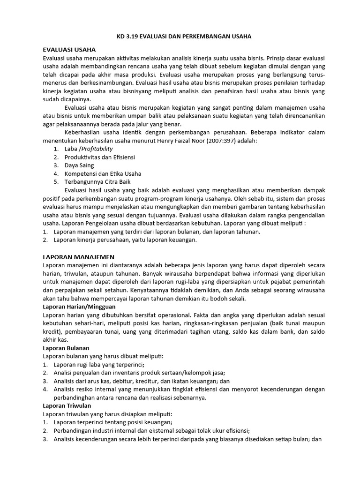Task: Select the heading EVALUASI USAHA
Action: (x=70, y=50)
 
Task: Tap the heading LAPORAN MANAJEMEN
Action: (x=78, y=257)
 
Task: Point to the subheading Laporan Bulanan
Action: (x=66, y=348)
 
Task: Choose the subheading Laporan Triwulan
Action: (x=67, y=406)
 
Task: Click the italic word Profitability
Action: (x=97, y=149)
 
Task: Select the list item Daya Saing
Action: (x=79, y=165)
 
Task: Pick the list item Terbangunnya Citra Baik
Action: (x=98, y=182)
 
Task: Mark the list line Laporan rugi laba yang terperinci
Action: (x=99, y=365)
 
